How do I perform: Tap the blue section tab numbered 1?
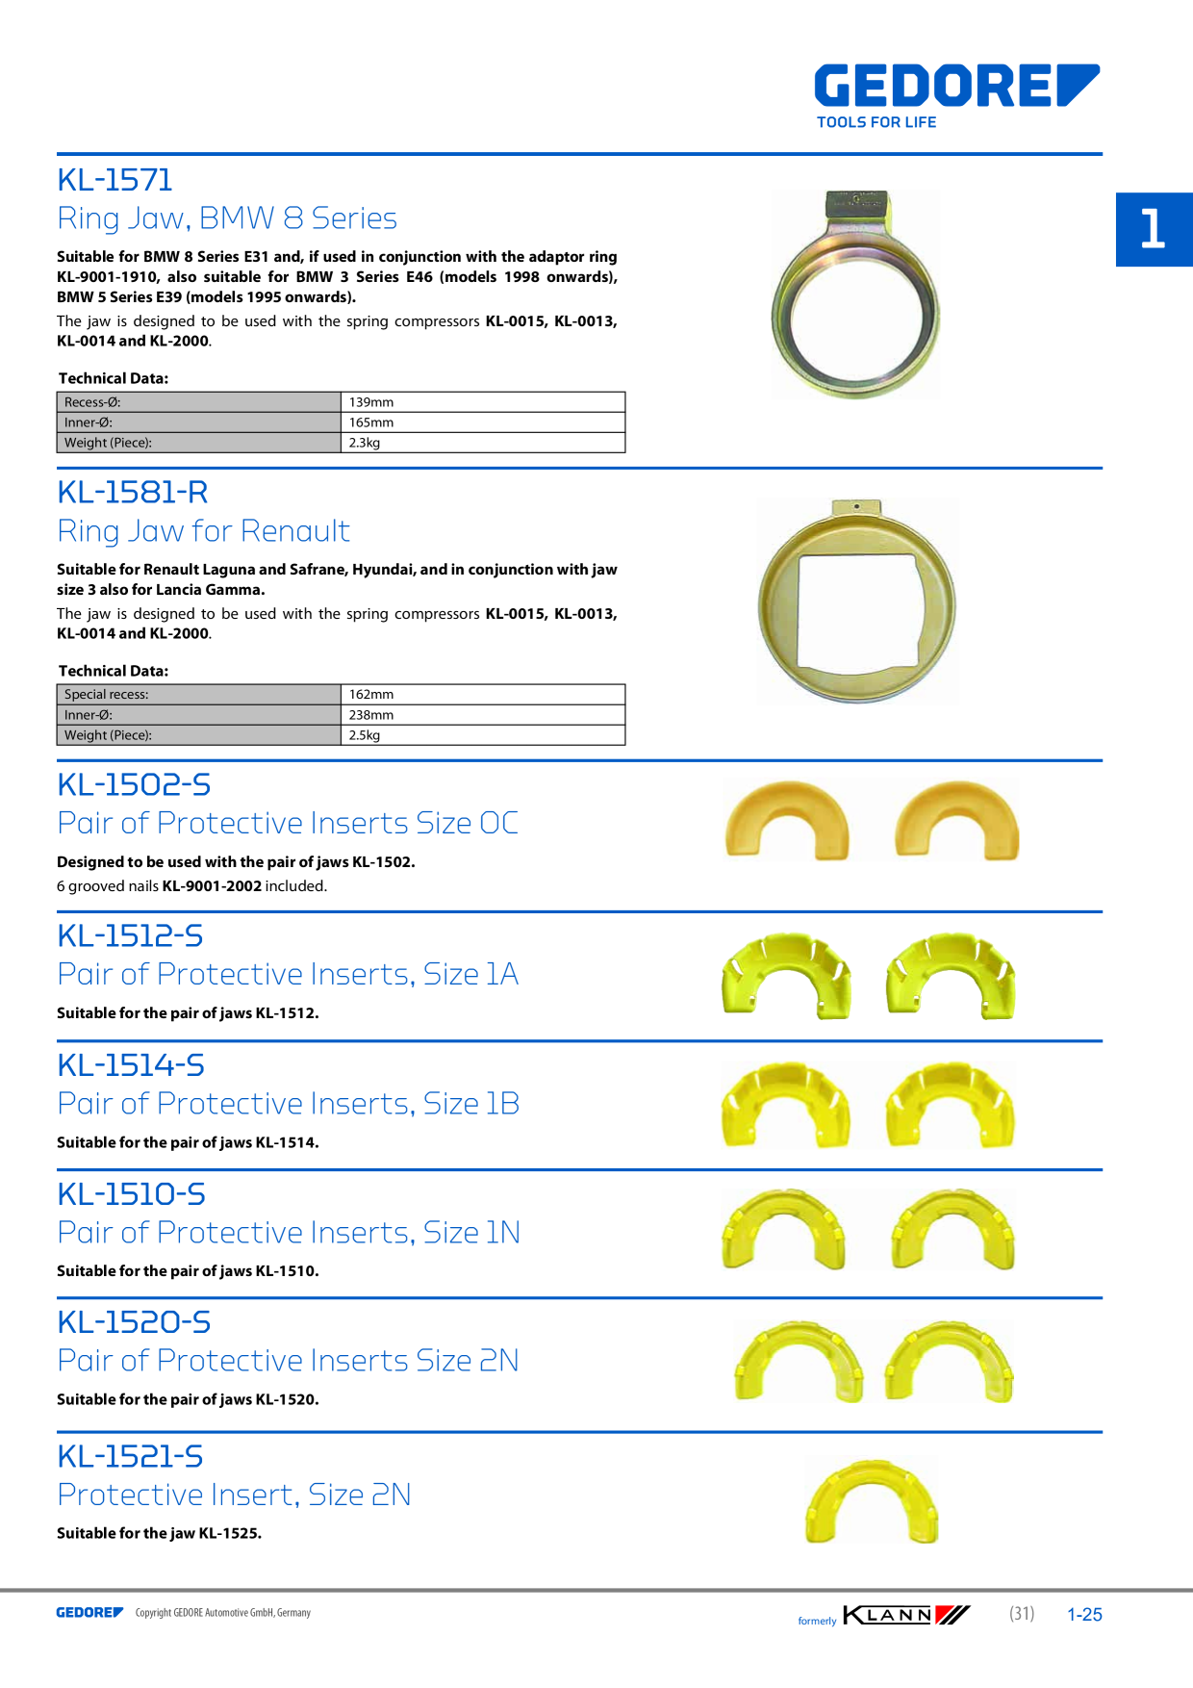tap(1155, 229)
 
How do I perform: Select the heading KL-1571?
tap(114, 180)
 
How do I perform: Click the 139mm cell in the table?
tap(483, 402)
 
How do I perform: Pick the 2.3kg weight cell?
tap(483, 443)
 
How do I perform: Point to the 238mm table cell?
tap(483, 715)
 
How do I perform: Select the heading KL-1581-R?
tap(133, 493)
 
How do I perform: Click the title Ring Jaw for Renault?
tap(203, 531)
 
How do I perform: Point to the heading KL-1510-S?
tap(131, 1194)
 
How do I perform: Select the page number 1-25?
tap(1084, 1615)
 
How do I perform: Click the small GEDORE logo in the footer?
tap(89, 1613)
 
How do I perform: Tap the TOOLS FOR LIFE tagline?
tap(876, 122)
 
